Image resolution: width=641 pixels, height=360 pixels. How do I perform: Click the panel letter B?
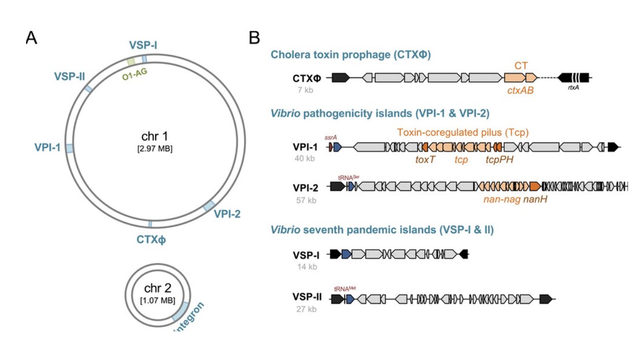[x=254, y=38]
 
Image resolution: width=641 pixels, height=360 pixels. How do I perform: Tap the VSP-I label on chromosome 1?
[x=143, y=45]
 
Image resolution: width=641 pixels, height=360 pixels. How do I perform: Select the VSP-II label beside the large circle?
[x=70, y=77]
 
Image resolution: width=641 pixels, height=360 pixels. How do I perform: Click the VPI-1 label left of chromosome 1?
[x=47, y=148]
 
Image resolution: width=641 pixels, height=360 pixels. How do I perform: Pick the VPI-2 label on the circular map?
[x=227, y=215]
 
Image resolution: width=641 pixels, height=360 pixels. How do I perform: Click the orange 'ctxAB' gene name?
[x=519, y=90]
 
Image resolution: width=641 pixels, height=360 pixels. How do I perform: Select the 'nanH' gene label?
[x=536, y=200]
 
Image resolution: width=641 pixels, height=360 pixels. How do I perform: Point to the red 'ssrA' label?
[x=331, y=137]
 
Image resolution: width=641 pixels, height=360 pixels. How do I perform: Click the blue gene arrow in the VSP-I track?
[x=346, y=254]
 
